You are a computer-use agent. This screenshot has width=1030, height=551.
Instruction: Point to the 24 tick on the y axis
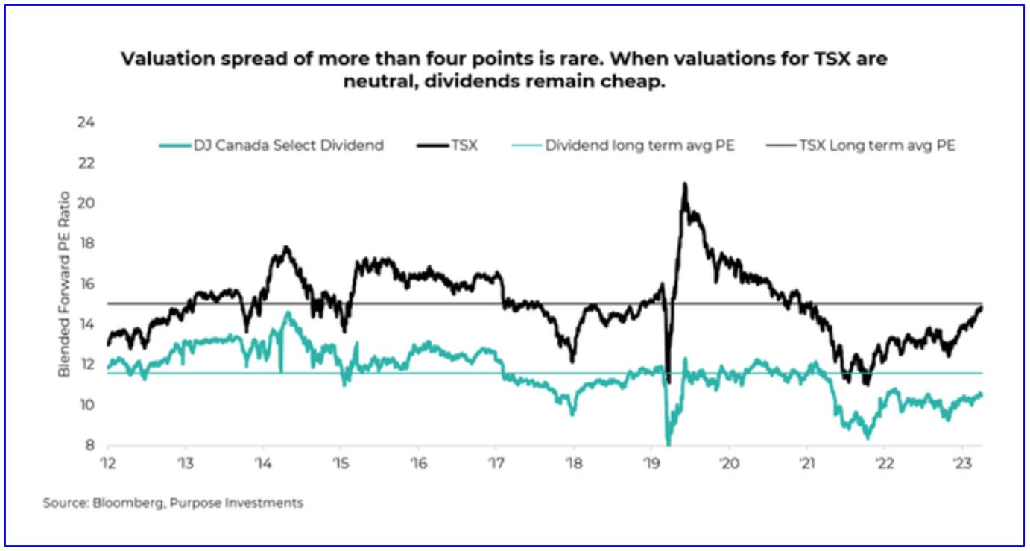[84, 122]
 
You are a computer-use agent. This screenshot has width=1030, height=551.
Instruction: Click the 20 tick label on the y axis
[84, 203]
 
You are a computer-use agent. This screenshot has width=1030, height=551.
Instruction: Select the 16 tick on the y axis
[84, 284]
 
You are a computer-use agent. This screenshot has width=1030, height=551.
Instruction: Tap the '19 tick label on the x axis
[650, 462]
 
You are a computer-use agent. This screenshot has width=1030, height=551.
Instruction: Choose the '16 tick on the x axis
[417, 462]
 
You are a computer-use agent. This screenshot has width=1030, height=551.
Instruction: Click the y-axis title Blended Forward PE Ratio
[65, 284]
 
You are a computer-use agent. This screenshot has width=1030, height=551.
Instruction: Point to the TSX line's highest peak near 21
[684, 184]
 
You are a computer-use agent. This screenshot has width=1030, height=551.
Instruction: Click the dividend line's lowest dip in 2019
[668, 443]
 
